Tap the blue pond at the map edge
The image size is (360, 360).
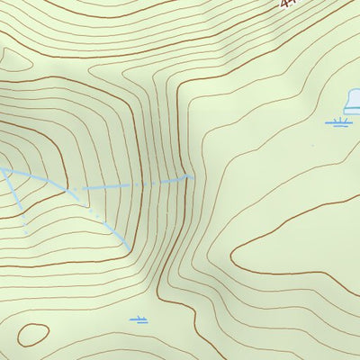(352, 100)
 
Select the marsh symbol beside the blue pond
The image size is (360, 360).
(338, 121)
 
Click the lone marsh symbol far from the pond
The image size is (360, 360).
(138, 319)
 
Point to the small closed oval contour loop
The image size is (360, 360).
(32, 334)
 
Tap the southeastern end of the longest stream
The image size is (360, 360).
(131, 248)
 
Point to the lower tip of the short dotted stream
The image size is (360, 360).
(26, 233)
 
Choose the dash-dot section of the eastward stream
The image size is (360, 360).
(135, 184)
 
